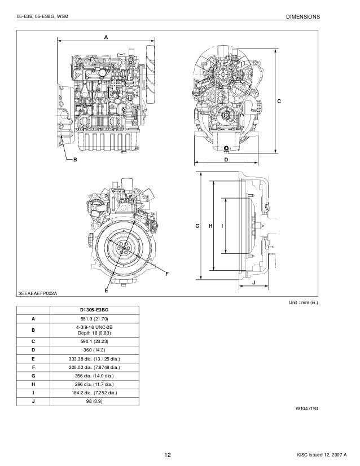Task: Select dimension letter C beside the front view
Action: [x=279, y=100]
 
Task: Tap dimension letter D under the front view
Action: [x=226, y=160]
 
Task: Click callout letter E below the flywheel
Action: [x=106, y=289]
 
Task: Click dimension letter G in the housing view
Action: [x=197, y=226]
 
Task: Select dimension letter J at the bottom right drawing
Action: [x=253, y=282]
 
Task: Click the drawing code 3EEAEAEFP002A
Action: [x=38, y=294]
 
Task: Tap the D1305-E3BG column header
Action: [x=94, y=310]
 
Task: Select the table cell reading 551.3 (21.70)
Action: [x=94, y=319]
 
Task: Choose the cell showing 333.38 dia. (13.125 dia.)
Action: [x=94, y=359]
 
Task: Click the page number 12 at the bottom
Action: [x=168, y=455]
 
